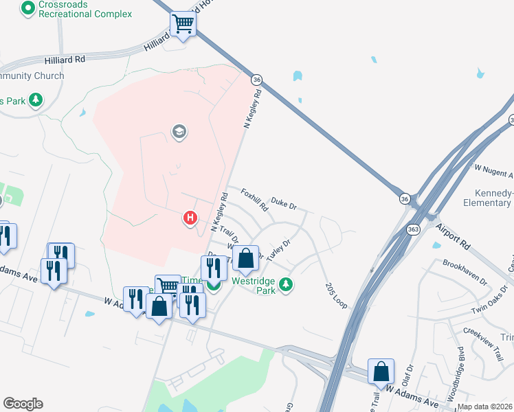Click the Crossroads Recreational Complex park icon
pyautogui.click(x=28, y=9)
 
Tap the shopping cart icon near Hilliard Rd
pyautogui.click(x=183, y=25)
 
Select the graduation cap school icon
pyautogui.click(x=179, y=132)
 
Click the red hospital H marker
pyautogui.click(x=190, y=219)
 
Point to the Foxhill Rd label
pyautogui.click(x=254, y=200)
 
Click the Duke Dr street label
pyautogui.click(x=283, y=204)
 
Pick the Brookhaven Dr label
pyautogui.click(x=465, y=273)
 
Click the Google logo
pyautogui.click(x=23, y=404)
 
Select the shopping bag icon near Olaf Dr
pyautogui.click(x=381, y=371)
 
